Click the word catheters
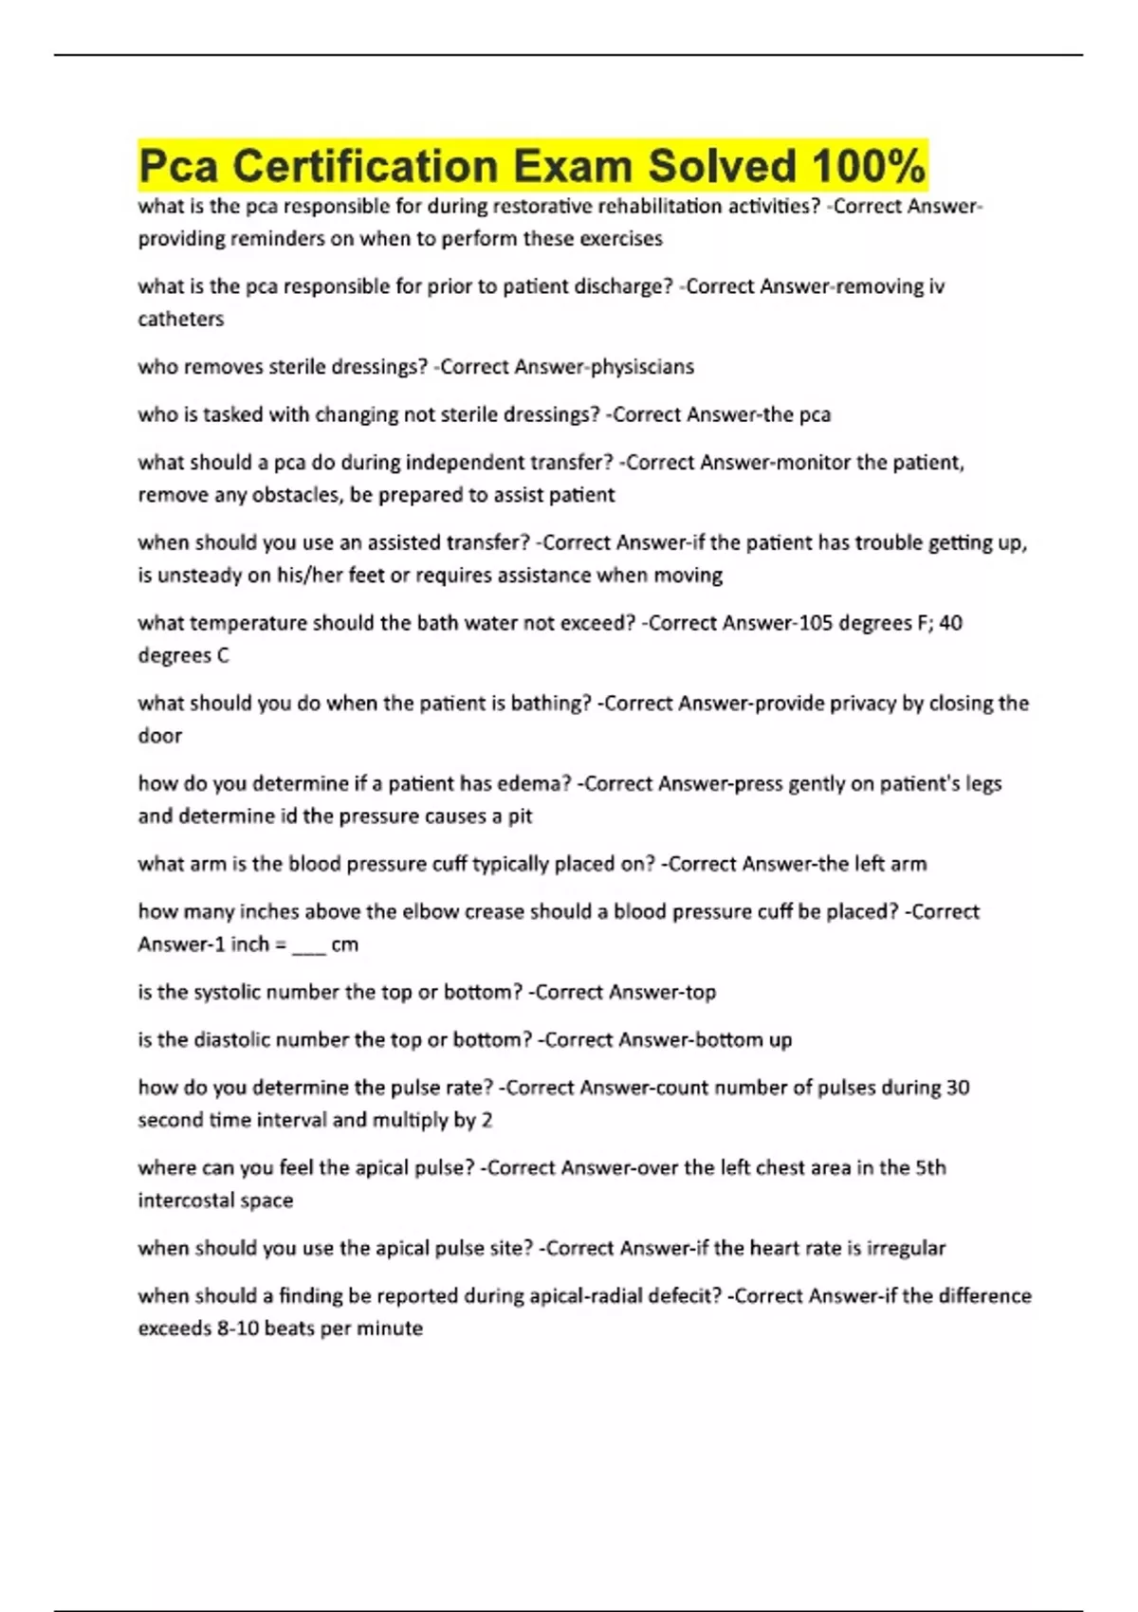180,319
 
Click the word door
159,736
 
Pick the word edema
539,783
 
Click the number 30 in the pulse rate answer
957,1088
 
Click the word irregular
903,1248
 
